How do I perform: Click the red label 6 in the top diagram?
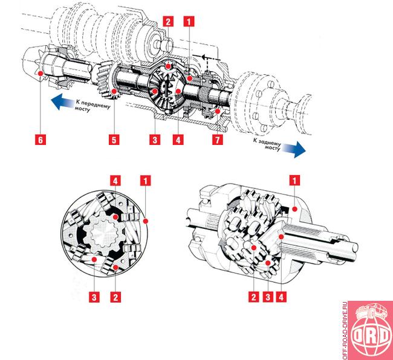tap(41, 140)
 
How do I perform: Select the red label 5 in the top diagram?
tap(114, 140)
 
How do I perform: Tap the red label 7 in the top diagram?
tap(217, 140)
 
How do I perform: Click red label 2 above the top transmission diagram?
tap(168, 21)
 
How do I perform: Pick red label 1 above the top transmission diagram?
tap(189, 21)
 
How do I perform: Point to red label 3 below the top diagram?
tap(155, 140)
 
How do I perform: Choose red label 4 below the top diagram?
tap(178, 140)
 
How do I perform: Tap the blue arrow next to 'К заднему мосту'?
tap(294, 149)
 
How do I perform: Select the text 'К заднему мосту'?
tap(267, 144)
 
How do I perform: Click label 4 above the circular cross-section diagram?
tap(115, 181)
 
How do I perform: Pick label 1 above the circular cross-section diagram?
tap(146, 181)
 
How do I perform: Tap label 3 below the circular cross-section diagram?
tap(94, 297)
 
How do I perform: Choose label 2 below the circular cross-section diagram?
tap(115, 297)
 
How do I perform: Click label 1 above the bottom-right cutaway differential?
tap(294, 180)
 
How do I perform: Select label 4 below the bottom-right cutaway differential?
tap(281, 297)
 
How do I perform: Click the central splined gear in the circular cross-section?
tap(103, 233)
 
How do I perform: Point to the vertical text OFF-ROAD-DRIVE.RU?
tap(345, 330)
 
